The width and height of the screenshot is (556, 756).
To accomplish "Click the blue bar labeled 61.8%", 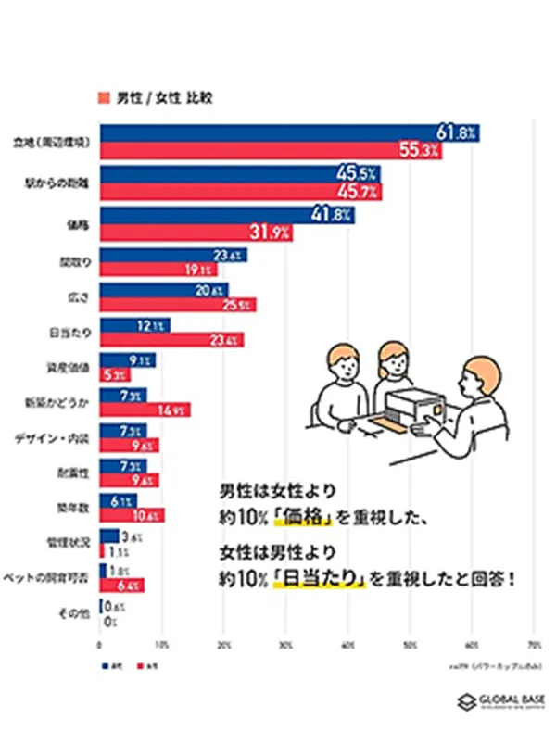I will (x=287, y=133).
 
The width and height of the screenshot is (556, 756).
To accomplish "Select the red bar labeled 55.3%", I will (x=269, y=150).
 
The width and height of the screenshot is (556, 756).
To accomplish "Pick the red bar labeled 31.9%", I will (x=195, y=232).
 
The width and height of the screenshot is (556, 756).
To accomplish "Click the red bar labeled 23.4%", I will (x=171, y=340).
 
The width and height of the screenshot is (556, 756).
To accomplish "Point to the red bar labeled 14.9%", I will (x=144, y=409).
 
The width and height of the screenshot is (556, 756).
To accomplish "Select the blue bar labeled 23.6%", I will (x=171, y=256).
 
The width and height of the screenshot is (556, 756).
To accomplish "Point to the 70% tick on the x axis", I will (x=534, y=642).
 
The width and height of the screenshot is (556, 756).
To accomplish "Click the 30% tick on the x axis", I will (x=285, y=642).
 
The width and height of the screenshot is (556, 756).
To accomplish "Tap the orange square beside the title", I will (x=104, y=97).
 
